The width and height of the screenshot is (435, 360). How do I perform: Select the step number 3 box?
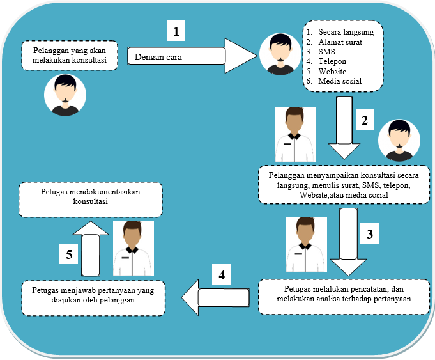[369, 234]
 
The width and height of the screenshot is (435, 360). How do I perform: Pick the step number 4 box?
[222, 276]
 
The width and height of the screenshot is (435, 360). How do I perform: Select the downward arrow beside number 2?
[344, 127]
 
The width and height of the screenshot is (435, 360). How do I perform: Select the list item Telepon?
[333, 61]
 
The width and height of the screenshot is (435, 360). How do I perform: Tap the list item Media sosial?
[340, 81]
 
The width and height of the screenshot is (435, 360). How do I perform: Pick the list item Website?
[333, 72]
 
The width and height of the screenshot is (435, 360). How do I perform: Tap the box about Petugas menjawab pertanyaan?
[93, 297]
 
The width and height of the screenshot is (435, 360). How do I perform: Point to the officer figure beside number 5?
[132, 250]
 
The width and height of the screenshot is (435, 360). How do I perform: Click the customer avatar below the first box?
[65, 95]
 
